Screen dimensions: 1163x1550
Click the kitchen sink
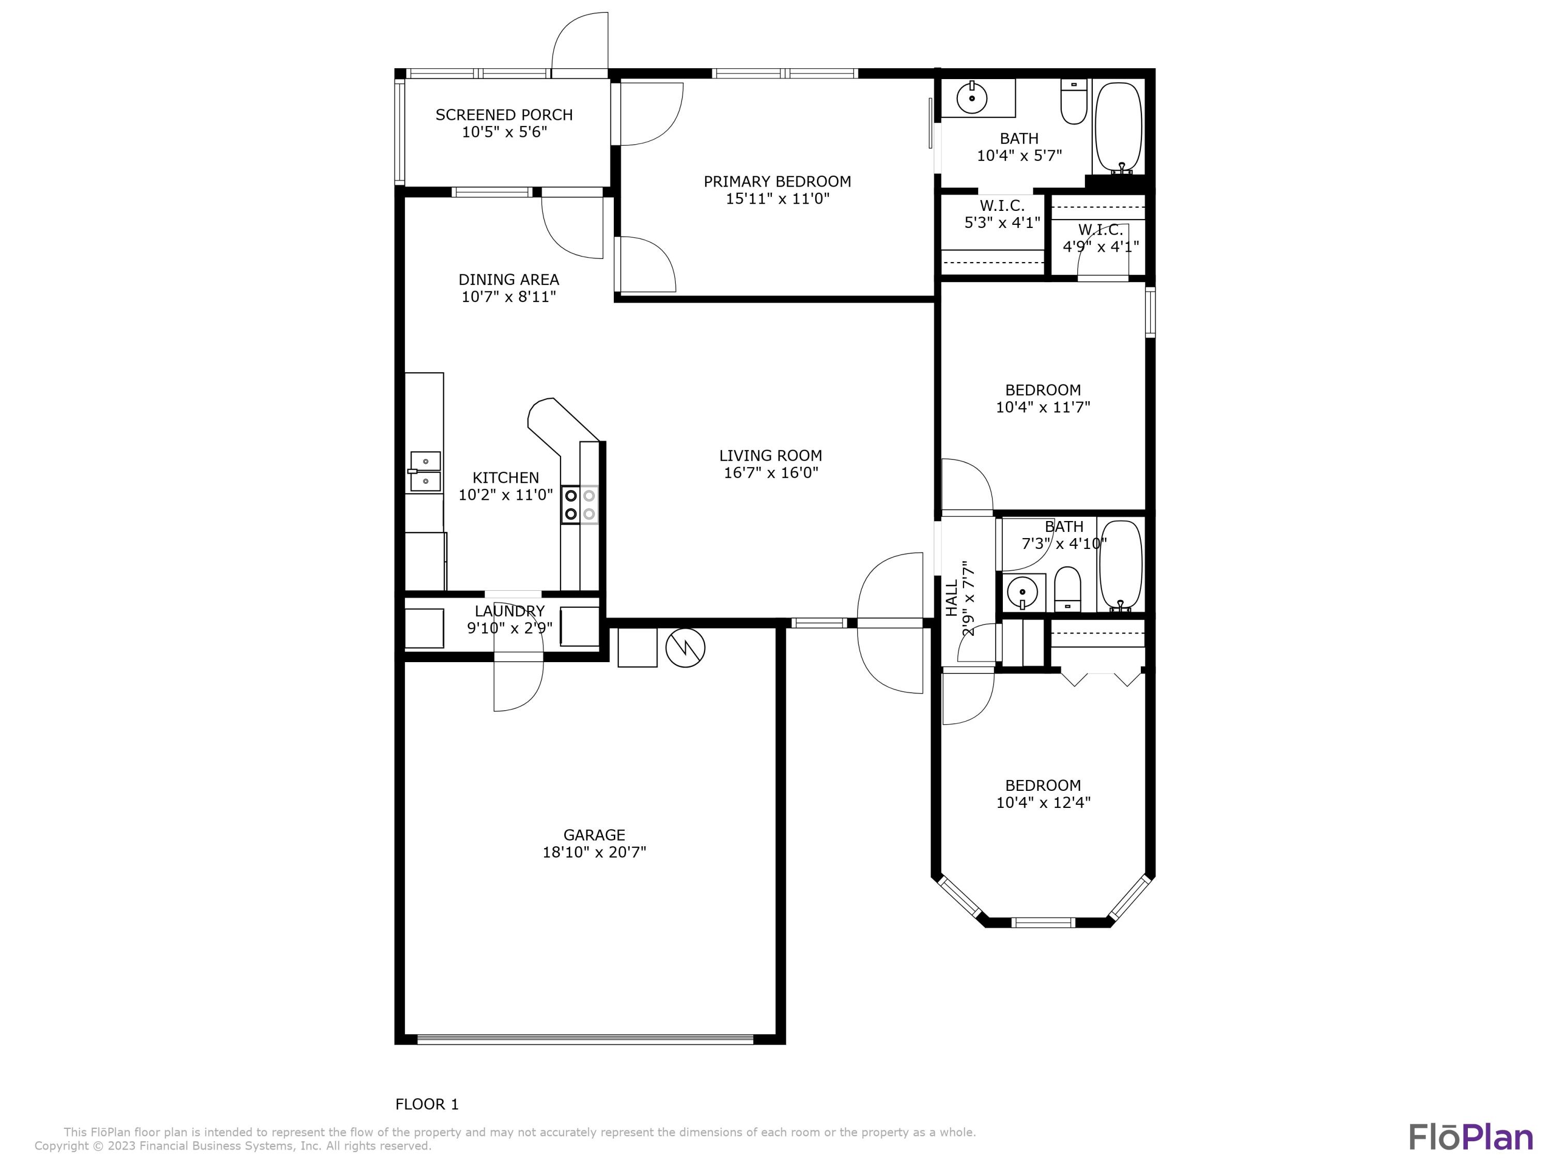[425, 472]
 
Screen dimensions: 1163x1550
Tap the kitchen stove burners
[580, 504]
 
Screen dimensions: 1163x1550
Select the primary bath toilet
[1074, 102]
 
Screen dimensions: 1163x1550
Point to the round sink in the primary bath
[972, 98]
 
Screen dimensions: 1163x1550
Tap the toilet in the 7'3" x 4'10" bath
[1068, 590]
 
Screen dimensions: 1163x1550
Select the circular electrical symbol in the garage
[685, 648]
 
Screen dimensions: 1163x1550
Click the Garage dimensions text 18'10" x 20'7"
[594, 852]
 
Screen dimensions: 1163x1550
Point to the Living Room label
[770, 456]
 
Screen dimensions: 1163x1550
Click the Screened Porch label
[504, 115]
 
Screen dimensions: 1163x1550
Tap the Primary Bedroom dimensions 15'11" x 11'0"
[777, 198]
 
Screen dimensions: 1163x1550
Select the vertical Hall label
[952, 598]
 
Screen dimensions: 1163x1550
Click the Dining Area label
[509, 280]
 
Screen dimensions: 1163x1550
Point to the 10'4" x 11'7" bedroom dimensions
[1043, 407]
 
